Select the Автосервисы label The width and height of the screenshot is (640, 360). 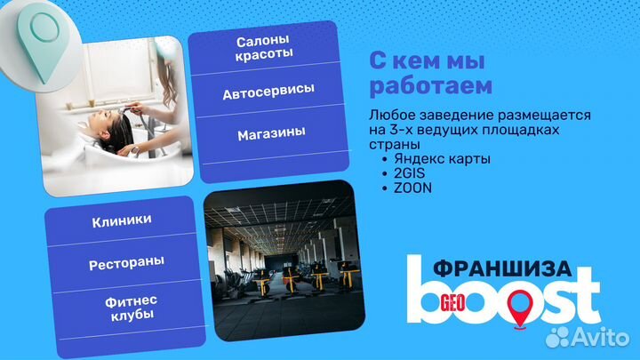268,92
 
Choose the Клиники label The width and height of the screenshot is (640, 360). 121,220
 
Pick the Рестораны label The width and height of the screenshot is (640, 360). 120,264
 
